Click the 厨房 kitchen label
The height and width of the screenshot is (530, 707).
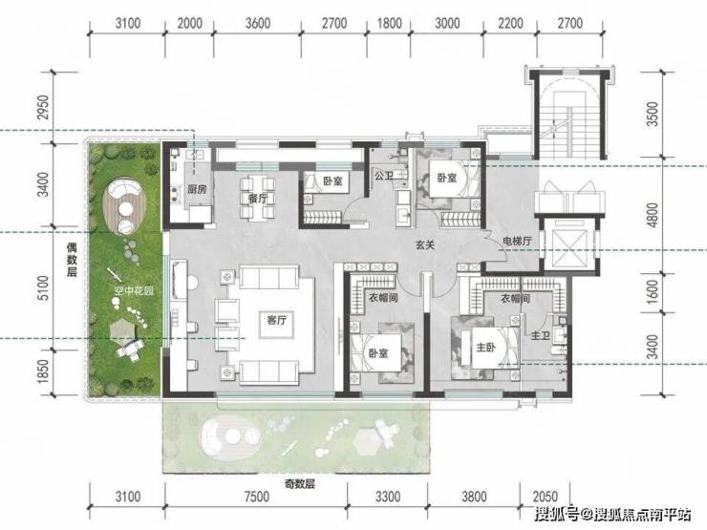(198, 189)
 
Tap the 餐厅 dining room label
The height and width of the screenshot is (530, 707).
(257, 199)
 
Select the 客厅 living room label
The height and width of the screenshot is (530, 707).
(277, 321)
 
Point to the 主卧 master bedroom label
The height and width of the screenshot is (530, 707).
(486, 347)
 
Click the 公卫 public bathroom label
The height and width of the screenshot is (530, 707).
(384, 176)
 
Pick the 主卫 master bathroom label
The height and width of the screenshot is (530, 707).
(540, 336)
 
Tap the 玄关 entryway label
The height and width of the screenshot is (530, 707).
(425, 245)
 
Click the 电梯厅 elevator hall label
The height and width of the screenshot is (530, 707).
(517, 241)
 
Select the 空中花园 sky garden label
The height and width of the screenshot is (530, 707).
(134, 290)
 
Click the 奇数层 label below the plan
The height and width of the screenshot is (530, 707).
(299, 484)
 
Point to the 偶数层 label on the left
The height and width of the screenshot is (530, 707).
(72, 260)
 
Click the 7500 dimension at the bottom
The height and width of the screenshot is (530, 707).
(257, 497)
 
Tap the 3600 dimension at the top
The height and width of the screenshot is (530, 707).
(258, 23)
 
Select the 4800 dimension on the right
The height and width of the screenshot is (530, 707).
(653, 216)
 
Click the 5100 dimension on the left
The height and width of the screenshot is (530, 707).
(42, 288)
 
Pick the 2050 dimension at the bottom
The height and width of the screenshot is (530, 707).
(546, 497)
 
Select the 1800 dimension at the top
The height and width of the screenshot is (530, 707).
(389, 23)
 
